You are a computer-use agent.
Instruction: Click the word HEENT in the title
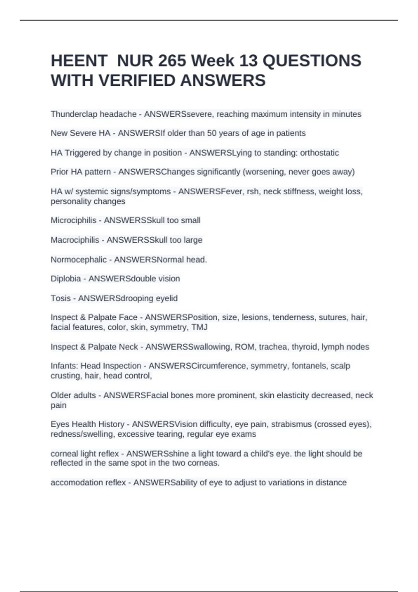point(79,61)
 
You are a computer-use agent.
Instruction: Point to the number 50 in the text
point(211,133)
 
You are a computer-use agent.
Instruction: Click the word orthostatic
point(319,153)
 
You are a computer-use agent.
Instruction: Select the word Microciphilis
point(73,220)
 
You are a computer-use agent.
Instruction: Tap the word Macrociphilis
point(75,240)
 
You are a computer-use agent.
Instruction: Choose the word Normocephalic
point(79,260)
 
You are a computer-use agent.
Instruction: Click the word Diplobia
point(66,279)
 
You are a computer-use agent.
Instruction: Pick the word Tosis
point(61,298)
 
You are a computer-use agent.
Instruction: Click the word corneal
point(64,454)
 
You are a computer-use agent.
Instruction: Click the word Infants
point(64,366)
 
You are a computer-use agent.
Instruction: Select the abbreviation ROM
point(245,347)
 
